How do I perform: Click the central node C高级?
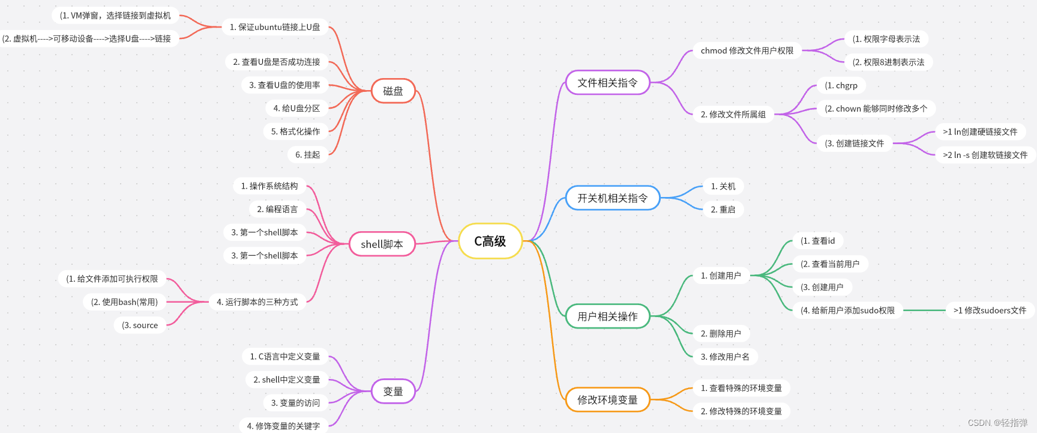click(x=490, y=241)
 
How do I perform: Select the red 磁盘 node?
click(x=393, y=91)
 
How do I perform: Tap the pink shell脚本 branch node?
click(x=382, y=244)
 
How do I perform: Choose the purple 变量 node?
click(x=393, y=392)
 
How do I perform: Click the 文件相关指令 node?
click(x=607, y=83)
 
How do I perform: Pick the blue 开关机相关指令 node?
click(x=612, y=198)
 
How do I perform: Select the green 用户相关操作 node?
click(x=607, y=316)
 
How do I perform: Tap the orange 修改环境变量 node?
click(x=607, y=400)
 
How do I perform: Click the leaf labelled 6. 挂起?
click(x=308, y=155)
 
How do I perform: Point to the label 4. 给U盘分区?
click(x=296, y=108)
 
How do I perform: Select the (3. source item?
click(x=140, y=326)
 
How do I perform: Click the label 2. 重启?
click(x=723, y=210)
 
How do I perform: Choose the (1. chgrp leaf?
click(x=841, y=85)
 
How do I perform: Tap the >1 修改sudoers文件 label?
click(x=990, y=310)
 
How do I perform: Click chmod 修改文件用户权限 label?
click(x=747, y=51)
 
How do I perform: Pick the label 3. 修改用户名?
click(x=725, y=357)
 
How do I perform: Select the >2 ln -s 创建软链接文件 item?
click(x=985, y=155)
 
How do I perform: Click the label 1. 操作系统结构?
click(x=269, y=186)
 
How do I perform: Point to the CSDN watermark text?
click(x=997, y=423)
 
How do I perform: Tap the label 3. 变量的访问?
click(x=295, y=403)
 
